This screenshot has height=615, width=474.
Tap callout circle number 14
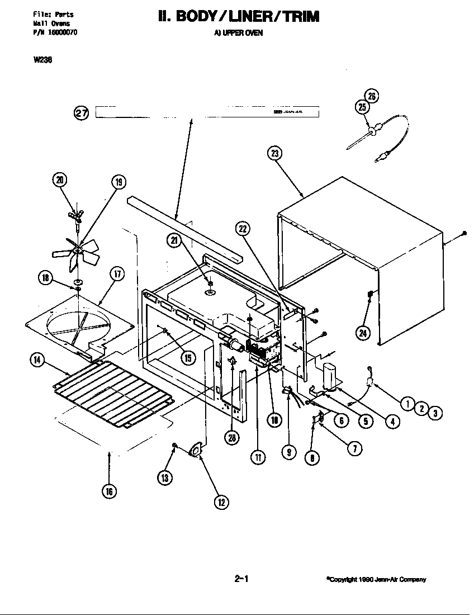pos(37,361)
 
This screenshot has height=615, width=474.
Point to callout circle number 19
pos(118,182)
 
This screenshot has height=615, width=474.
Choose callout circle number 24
pos(363,334)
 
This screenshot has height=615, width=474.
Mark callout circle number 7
pos(354,448)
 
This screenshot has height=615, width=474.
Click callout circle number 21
pos(174,240)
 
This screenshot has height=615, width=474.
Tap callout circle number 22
pos(243,228)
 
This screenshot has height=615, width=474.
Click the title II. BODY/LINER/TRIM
pos(239,17)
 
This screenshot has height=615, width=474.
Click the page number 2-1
pos(241,579)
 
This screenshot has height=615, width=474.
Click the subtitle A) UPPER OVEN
pos(239,33)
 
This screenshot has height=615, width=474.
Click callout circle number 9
pos(288,452)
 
